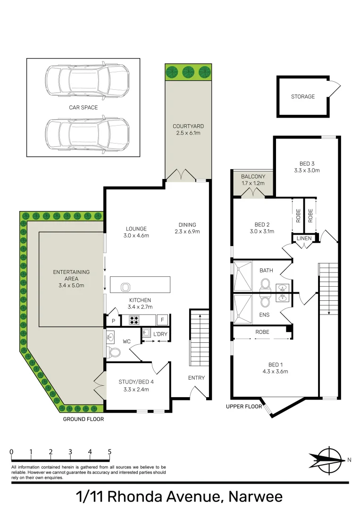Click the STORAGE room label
click(x=302, y=96)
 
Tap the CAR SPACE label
click(x=84, y=108)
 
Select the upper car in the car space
click(x=87, y=80)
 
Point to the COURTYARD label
click(x=188, y=126)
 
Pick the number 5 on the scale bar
click(x=109, y=452)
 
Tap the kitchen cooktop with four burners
click(x=134, y=320)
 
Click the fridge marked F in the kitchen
click(x=162, y=320)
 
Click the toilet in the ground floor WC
click(x=113, y=352)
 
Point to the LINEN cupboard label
click(x=304, y=238)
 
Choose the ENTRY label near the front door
click(x=196, y=377)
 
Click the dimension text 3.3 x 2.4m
click(x=135, y=390)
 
